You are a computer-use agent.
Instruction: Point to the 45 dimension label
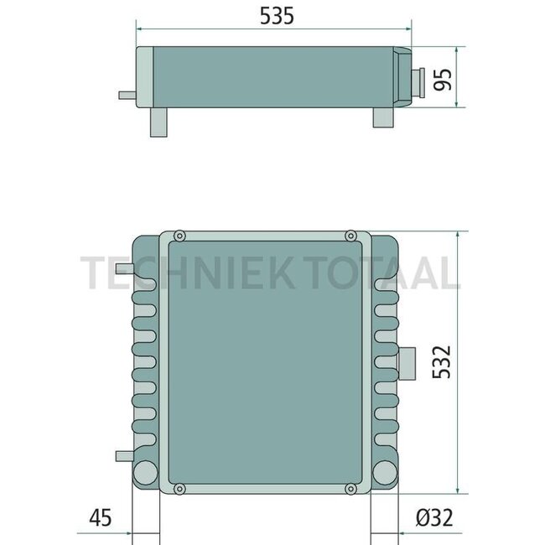click(101, 518)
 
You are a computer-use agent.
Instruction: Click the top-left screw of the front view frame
click(178, 235)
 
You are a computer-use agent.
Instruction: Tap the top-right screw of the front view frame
click(350, 235)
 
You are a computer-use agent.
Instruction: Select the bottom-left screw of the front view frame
click(178, 488)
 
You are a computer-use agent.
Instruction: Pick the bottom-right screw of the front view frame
click(350, 488)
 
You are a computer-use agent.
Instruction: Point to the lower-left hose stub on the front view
click(123, 456)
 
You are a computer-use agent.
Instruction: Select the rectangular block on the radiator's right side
click(409, 361)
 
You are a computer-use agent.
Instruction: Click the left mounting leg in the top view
click(159, 122)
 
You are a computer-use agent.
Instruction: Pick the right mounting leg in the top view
click(382, 118)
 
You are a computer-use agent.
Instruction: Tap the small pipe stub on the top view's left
click(126, 96)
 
